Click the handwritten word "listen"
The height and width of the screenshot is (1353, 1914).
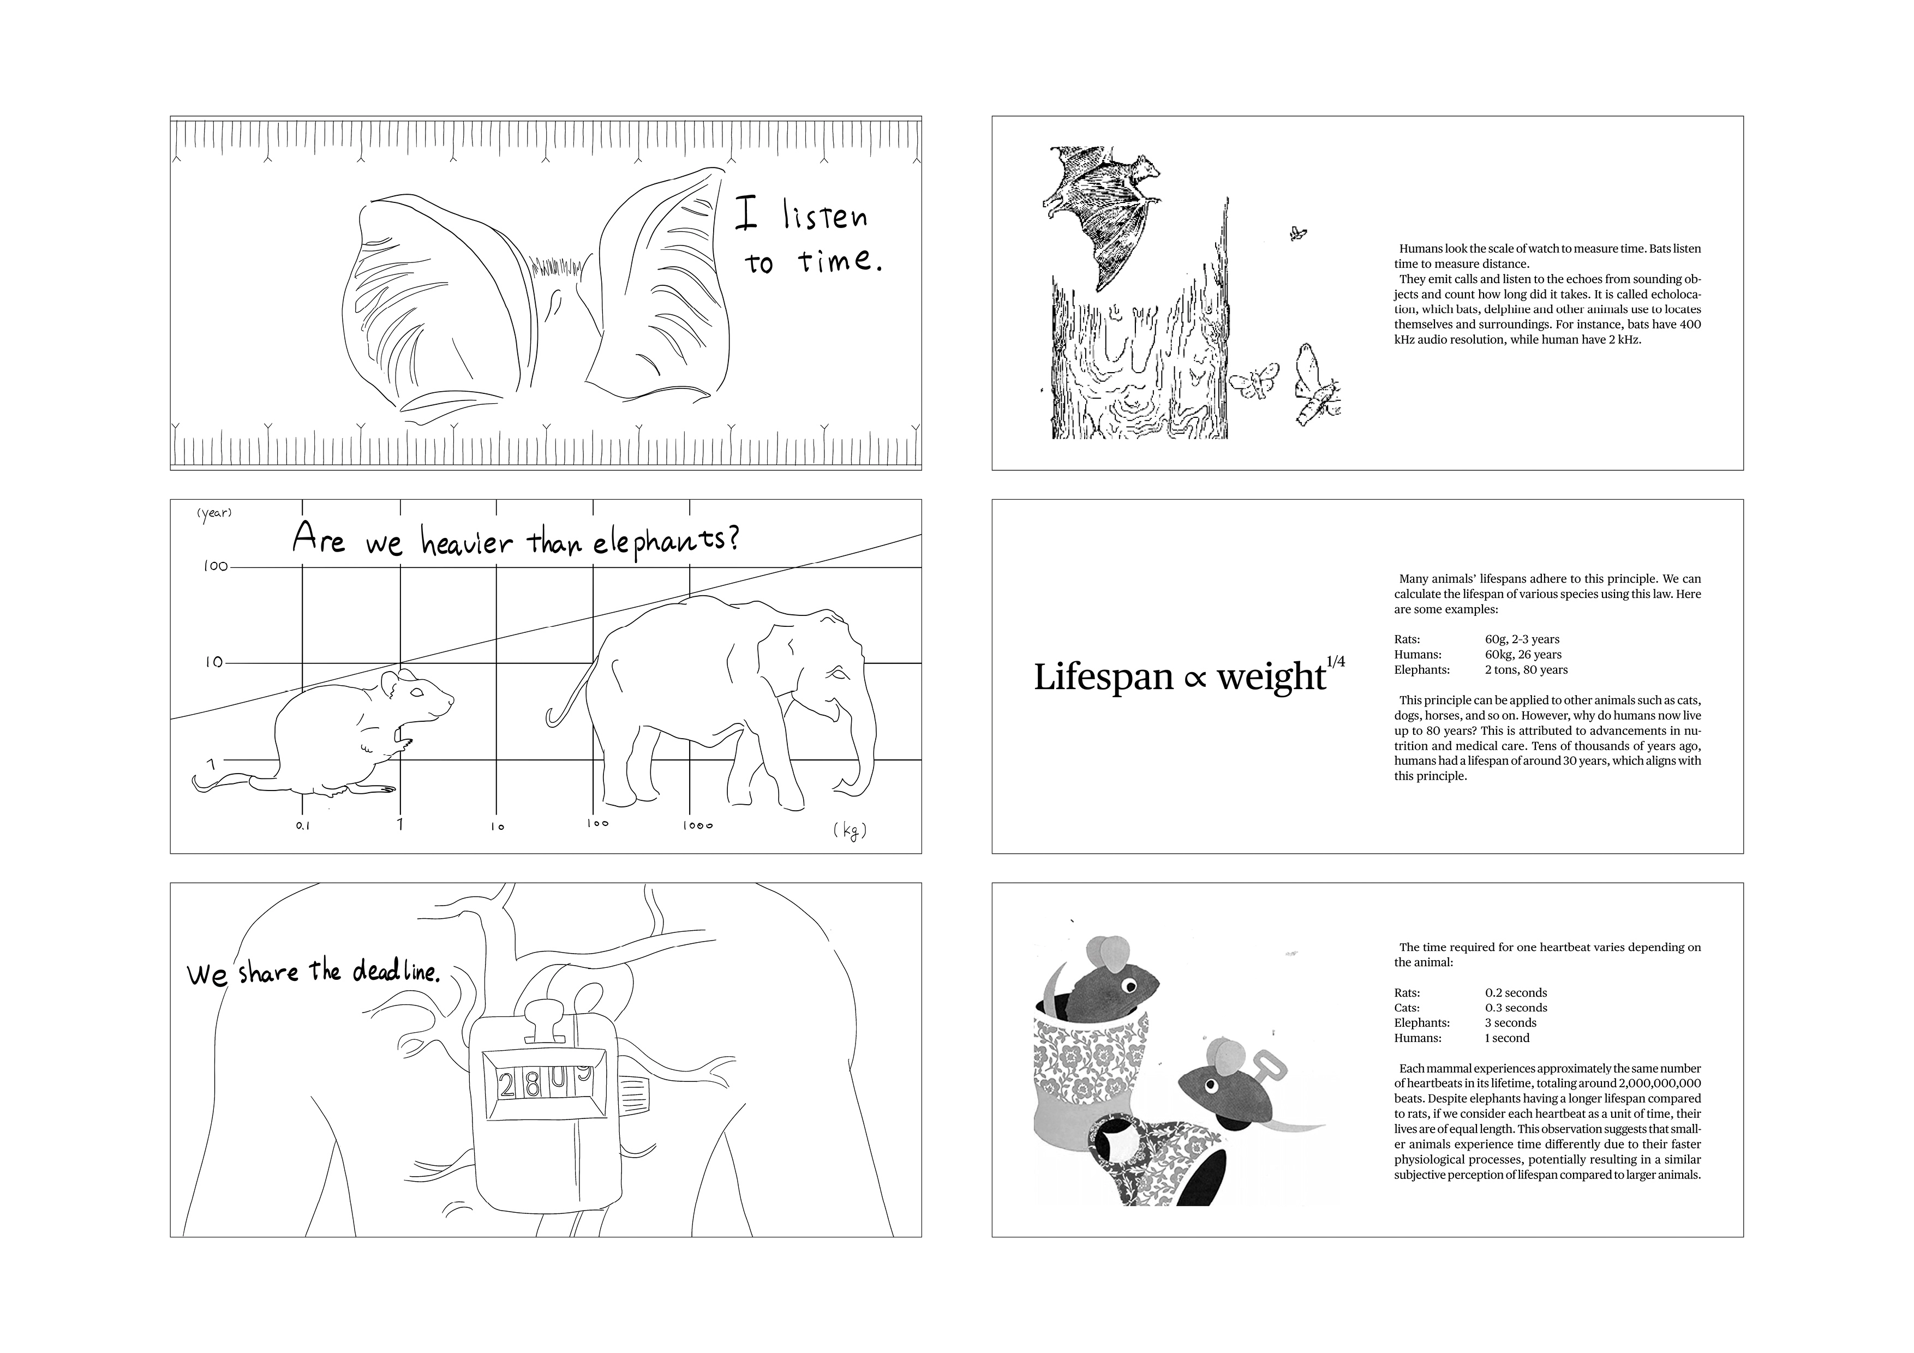click(824, 217)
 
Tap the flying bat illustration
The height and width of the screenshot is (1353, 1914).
click(1100, 208)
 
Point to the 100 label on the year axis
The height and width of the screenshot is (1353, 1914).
click(216, 567)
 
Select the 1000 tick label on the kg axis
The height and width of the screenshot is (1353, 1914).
click(698, 825)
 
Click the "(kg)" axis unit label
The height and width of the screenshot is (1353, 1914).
click(850, 830)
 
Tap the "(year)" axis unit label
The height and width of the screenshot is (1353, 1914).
click(214, 513)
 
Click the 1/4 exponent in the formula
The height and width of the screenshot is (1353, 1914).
click(1336, 662)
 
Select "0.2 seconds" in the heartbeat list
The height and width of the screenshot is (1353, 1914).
click(1516, 993)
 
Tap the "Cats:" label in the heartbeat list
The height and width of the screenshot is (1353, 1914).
click(1407, 1008)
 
